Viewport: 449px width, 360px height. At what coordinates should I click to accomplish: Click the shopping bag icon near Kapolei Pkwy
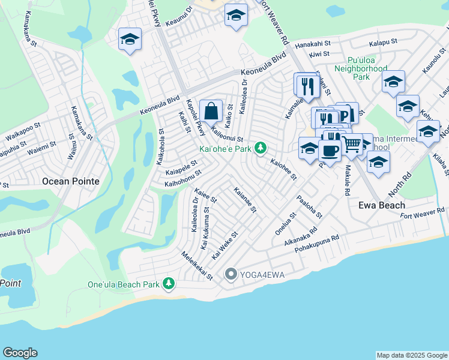tap(211, 111)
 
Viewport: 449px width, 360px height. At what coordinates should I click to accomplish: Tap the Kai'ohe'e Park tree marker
tap(260, 147)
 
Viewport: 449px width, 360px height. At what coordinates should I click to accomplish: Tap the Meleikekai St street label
tap(197, 265)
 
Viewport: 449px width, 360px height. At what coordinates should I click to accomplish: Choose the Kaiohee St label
tap(283, 169)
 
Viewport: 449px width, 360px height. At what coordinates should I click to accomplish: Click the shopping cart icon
tap(352, 144)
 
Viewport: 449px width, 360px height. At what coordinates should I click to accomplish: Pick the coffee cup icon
tap(330, 149)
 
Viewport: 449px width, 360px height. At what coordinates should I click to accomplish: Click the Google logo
tap(20, 353)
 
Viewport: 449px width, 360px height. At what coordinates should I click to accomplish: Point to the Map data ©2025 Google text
tap(411, 355)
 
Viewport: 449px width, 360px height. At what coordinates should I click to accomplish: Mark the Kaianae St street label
tap(245, 200)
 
